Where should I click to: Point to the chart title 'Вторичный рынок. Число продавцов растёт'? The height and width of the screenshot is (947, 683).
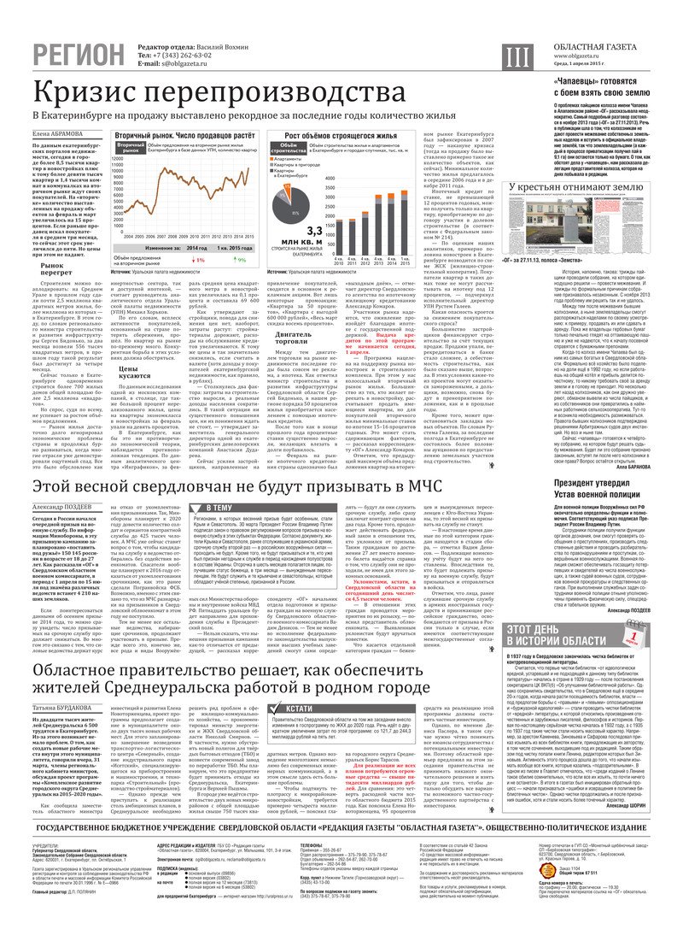click(x=176, y=134)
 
